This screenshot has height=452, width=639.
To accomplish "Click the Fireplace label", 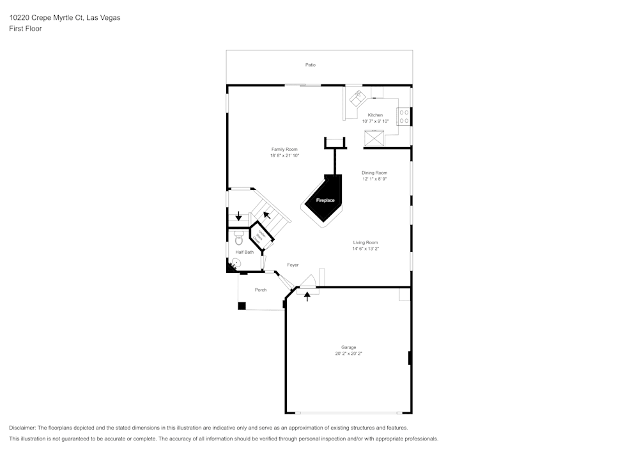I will pyautogui.click(x=325, y=200).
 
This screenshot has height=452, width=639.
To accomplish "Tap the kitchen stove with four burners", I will pyautogui.click(x=404, y=116).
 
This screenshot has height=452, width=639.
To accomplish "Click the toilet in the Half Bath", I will pyautogui.click(x=239, y=238).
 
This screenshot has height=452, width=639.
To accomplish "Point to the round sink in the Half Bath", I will pyautogui.click(x=232, y=261).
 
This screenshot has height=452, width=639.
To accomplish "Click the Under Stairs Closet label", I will pyautogui.click(x=260, y=236).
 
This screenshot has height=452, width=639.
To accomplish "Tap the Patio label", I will pyautogui.click(x=311, y=65).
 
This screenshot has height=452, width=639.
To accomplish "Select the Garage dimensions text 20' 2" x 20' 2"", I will pyautogui.click(x=348, y=354).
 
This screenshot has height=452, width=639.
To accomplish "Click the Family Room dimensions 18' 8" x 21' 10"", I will pyautogui.click(x=284, y=155).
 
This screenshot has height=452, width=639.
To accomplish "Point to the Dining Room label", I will pyautogui.click(x=374, y=173).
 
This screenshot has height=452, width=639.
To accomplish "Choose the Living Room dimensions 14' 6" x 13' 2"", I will pyautogui.click(x=366, y=249).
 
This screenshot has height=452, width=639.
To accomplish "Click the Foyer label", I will pyautogui.click(x=293, y=265).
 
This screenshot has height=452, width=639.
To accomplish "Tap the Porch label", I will pyautogui.click(x=261, y=290).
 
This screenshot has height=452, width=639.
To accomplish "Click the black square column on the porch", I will pyautogui.click(x=242, y=306).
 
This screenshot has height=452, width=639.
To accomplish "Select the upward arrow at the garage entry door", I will pyautogui.click(x=307, y=296).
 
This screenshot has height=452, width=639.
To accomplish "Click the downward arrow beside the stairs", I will pyautogui.click(x=239, y=216).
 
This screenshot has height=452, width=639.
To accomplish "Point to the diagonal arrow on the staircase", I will pyautogui.click(x=266, y=214).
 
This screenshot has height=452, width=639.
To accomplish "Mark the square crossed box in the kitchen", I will pyautogui.click(x=373, y=137).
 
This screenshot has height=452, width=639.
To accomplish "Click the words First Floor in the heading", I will pyautogui.click(x=26, y=29).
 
